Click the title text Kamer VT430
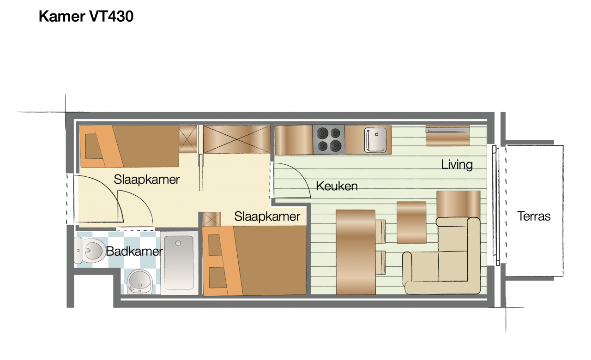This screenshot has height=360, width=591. tap(86, 17)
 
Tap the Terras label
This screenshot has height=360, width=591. tap(534, 216)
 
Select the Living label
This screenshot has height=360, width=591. tap(457, 164)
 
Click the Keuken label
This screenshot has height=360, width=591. tap(337, 186)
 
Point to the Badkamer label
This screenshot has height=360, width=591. tap(134, 252)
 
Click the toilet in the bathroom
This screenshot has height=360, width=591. tap(90, 251)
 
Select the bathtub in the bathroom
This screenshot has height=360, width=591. tap(179, 263)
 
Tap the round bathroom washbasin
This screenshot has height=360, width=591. tap(139, 281)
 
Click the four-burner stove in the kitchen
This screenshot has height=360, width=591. tap(329, 140)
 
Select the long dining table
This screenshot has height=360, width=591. tap(355, 252)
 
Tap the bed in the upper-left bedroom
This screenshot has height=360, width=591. tap(130, 146)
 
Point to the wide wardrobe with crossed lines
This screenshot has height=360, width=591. tap(236, 139)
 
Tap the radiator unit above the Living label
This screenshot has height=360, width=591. tap(447, 135)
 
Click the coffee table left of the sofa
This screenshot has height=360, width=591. tap(411, 222)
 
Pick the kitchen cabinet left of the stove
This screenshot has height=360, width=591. tap(294, 140)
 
